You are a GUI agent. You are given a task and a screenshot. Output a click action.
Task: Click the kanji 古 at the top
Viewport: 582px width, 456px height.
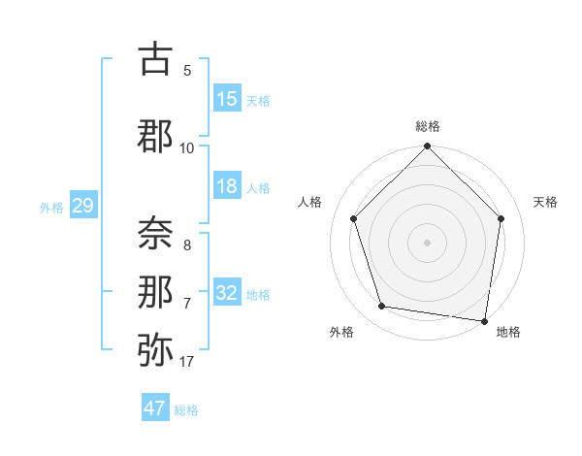click(156, 61)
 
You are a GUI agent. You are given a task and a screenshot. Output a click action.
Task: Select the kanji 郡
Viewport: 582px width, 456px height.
click(156, 137)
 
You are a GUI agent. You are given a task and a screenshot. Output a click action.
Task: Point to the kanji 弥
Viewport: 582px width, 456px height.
click(156, 350)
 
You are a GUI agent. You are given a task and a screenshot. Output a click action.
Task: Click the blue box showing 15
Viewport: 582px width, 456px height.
click(227, 99)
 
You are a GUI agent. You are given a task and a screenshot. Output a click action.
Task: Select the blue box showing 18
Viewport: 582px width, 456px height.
click(227, 186)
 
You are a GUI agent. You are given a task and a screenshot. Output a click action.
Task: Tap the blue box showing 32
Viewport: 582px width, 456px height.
click(227, 293)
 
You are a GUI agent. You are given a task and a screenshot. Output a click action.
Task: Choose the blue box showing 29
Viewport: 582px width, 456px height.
click(82, 206)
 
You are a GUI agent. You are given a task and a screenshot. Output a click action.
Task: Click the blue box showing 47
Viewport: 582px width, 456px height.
click(155, 408)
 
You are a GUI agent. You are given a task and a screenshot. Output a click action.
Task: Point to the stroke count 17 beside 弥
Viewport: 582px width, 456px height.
click(186, 362)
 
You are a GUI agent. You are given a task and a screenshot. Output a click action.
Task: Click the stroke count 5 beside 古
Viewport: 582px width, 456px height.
click(187, 71)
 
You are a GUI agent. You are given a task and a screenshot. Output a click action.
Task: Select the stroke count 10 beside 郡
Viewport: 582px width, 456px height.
click(186, 147)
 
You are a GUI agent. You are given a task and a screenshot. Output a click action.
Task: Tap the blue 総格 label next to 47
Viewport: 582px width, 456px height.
click(187, 410)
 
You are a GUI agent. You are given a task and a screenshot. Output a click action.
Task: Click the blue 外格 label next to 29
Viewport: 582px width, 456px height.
click(51, 208)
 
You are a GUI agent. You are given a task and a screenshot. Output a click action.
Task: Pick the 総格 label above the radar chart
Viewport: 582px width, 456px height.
click(427, 126)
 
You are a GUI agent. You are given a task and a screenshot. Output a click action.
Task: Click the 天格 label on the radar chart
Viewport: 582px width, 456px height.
click(545, 202)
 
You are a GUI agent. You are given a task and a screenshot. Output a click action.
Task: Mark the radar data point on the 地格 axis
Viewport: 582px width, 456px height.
click(485, 320)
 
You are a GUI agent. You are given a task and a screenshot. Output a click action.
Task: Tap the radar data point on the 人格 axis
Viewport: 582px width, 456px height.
click(353, 218)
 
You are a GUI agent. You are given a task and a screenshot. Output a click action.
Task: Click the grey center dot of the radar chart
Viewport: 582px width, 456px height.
click(427, 243)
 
